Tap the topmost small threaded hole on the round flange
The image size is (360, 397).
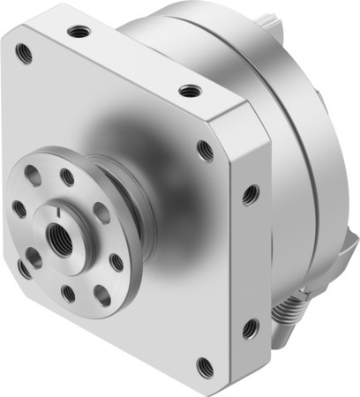point(67,177)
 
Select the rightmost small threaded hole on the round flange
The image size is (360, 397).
point(116,261)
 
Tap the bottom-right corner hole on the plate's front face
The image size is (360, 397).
point(205,363)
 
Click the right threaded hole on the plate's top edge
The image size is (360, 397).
point(188,90)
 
